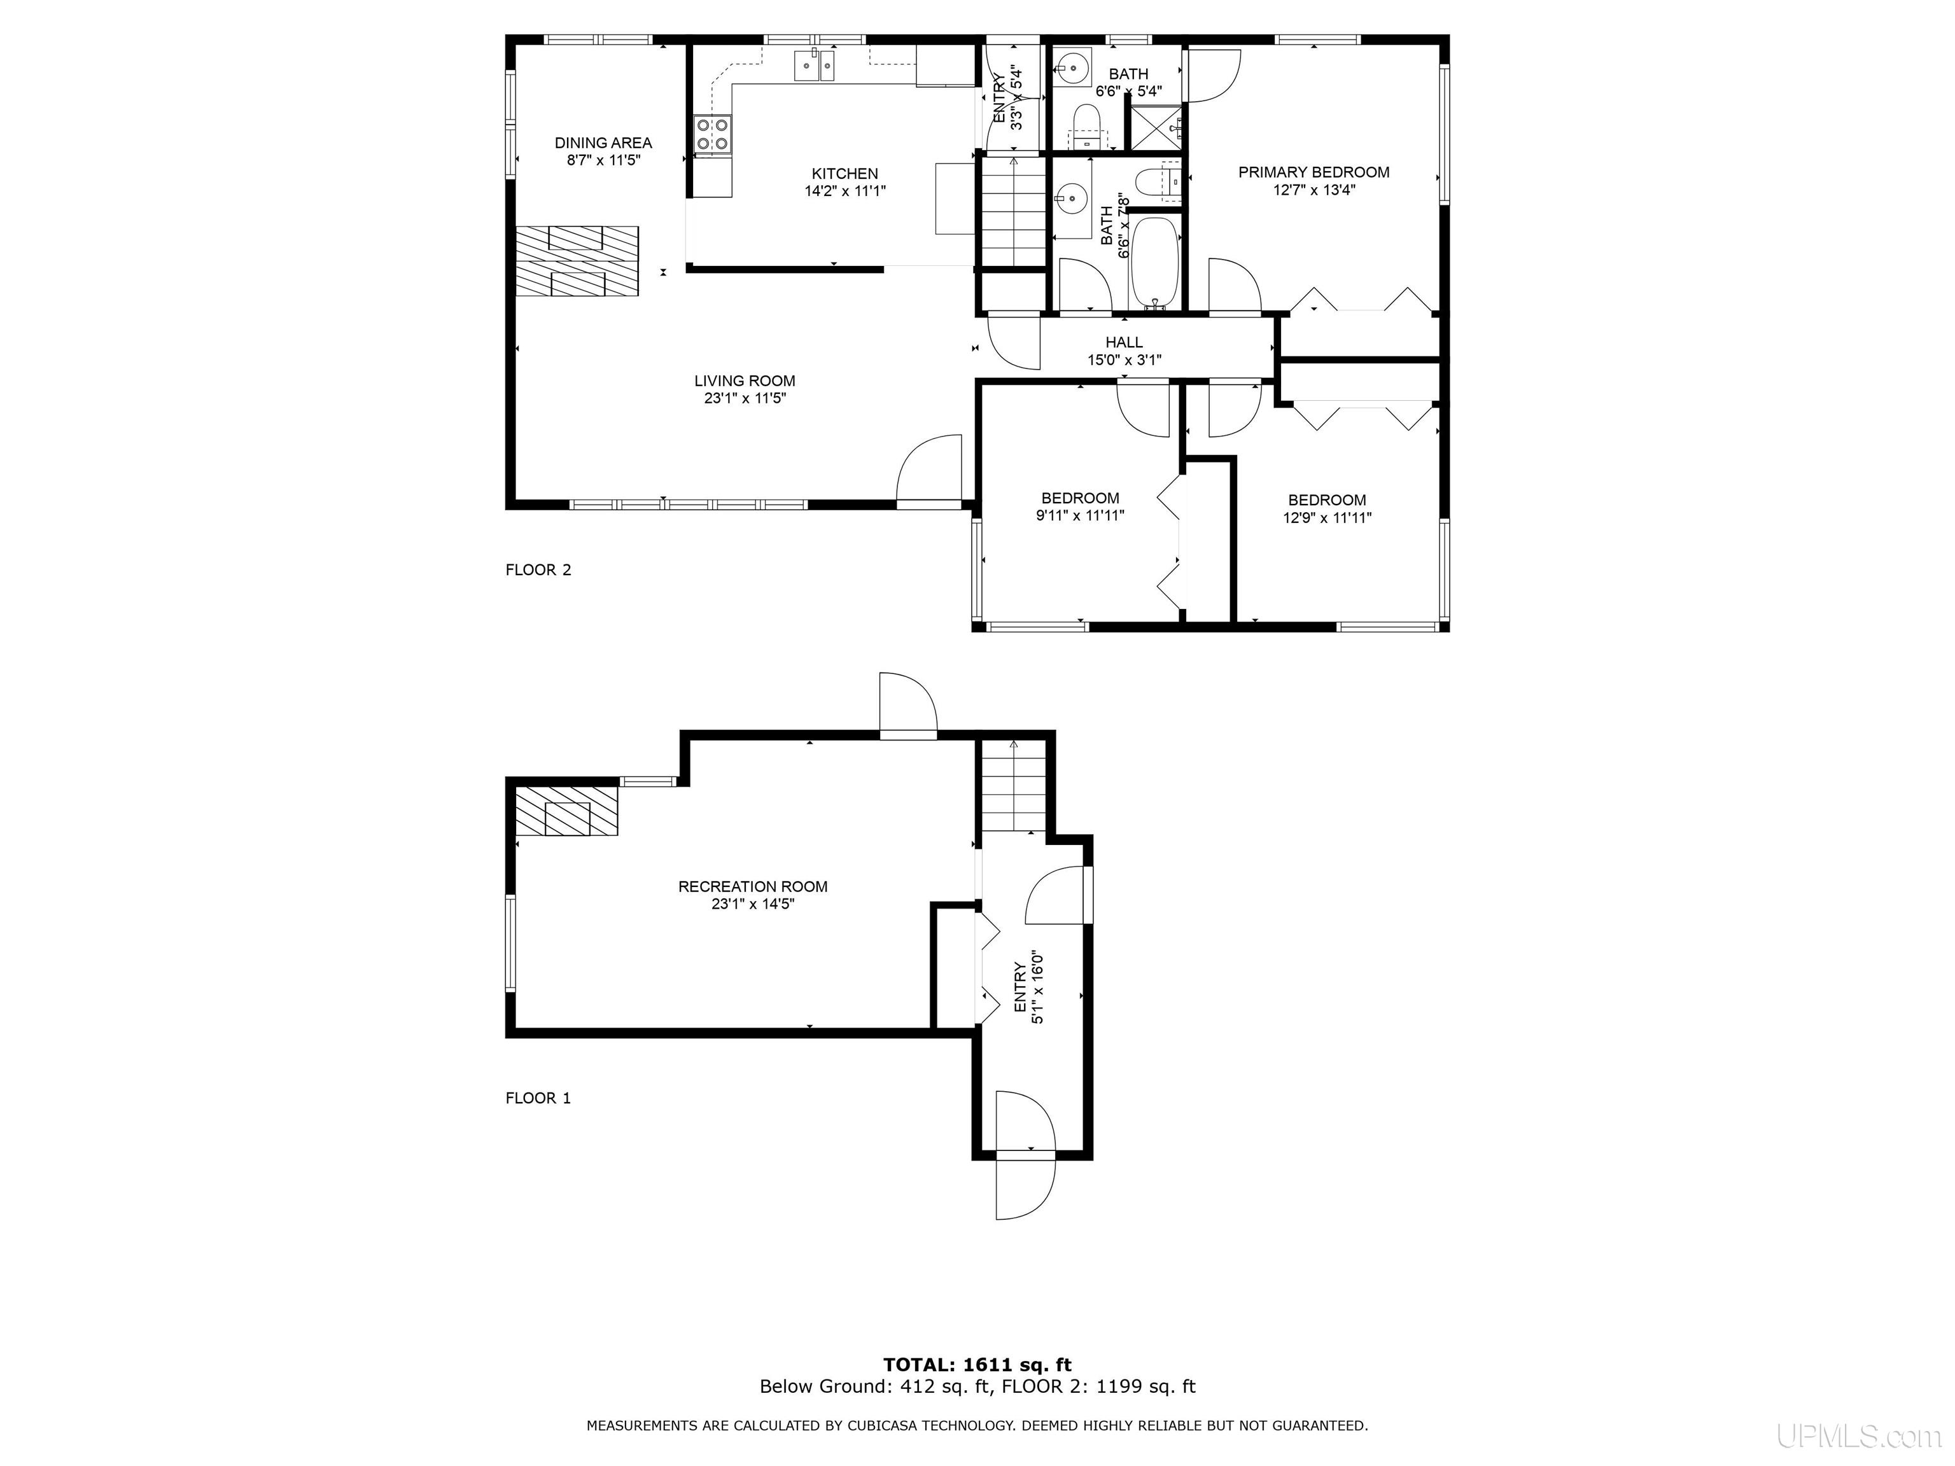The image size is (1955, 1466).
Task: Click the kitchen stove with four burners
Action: point(713,135)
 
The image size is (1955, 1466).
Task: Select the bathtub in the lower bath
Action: point(1155,262)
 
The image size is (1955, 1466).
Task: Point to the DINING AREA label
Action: point(604,143)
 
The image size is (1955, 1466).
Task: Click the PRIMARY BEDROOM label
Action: point(1314,172)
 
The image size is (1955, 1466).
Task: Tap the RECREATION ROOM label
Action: point(753,886)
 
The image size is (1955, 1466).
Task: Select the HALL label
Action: point(1125,342)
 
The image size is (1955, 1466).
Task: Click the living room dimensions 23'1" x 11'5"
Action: point(745,398)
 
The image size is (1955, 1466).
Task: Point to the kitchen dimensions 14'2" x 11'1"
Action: point(845,191)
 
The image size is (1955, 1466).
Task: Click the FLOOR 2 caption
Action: point(538,570)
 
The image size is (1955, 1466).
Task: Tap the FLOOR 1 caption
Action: point(538,1098)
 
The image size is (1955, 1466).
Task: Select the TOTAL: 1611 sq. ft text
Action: point(977,1365)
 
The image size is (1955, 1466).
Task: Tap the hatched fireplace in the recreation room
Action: point(566,811)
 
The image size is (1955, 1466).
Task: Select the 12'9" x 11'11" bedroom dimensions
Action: point(1328,518)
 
